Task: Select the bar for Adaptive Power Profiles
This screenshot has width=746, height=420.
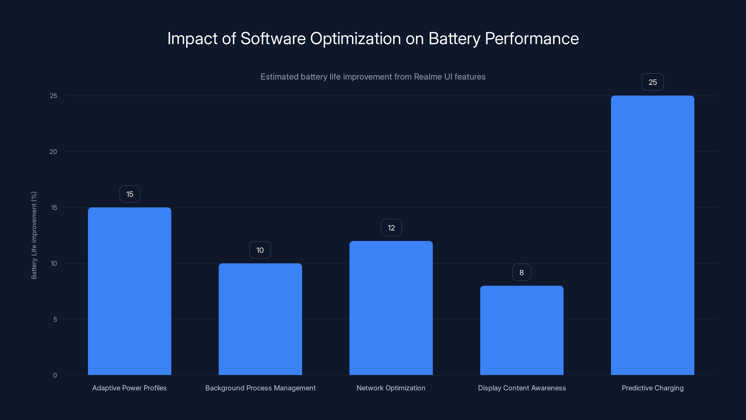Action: click(129, 291)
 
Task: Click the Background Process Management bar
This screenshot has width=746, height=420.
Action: click(260, 319)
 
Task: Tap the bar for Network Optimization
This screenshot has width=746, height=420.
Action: click(391, 308)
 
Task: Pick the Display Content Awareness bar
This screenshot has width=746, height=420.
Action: click(522, 330)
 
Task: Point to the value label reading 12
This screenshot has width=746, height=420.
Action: click(391, 228)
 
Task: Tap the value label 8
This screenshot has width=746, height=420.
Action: click(522, 273)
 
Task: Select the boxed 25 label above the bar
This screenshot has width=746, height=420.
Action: click(653, 82)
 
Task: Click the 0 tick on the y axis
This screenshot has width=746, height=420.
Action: click(55, 375)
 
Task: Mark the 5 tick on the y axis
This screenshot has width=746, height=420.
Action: click(55, 319)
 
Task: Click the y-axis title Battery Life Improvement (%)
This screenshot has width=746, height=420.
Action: click(34, 235)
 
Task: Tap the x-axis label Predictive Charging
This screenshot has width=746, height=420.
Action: click(653, 388)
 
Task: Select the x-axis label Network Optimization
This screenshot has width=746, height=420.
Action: click(391, 388)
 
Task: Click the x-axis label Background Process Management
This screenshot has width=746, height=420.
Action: click(260, 388)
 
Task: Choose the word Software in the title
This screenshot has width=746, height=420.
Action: click(273, 38)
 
